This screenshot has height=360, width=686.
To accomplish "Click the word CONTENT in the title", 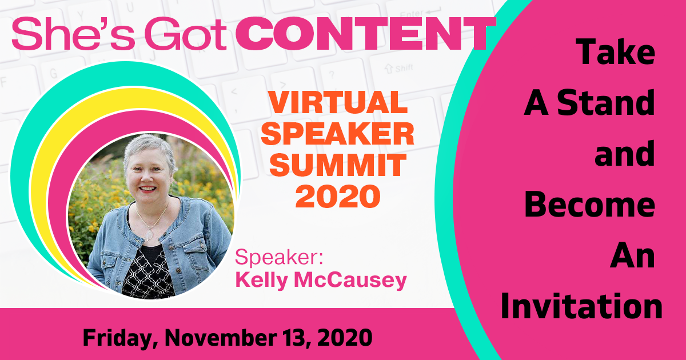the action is point(365,34).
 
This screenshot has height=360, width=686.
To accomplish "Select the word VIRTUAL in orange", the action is point(338,102).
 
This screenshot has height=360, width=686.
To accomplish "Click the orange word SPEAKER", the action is point(338,134).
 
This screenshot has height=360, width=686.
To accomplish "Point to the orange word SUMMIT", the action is point(338,165).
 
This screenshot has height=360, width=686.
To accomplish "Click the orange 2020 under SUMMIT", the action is point(338,196).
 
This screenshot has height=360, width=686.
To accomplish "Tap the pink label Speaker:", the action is point(279,258).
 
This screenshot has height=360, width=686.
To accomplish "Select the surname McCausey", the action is point(350,281).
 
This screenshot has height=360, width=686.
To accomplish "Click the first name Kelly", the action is point(262,281).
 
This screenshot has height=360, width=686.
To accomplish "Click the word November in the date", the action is point(221,338).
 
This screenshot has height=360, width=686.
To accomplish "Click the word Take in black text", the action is point(615,52).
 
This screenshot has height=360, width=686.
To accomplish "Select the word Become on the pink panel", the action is point(590,205).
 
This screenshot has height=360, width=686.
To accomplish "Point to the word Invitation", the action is point(581,306).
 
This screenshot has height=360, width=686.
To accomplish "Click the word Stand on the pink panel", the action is point(606,102).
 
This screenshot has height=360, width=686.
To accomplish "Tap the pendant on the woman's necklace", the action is point(149,235).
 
